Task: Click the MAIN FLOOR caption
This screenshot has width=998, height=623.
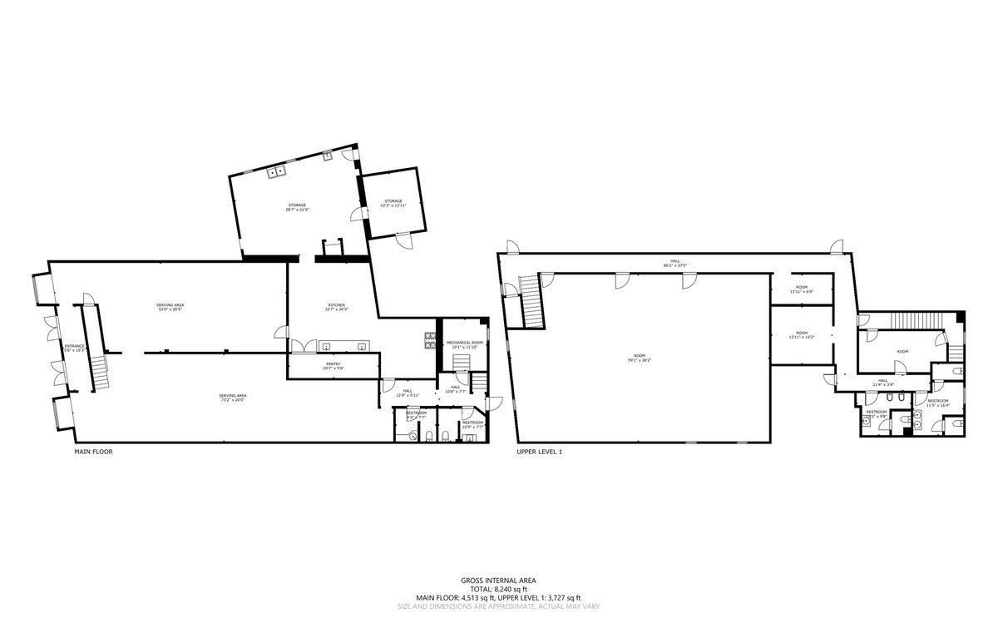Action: pos(93,452)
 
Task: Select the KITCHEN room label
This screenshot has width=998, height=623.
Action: pos(336,307)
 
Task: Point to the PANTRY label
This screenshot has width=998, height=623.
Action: pos(333,365)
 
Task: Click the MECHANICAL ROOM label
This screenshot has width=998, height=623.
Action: pos(464,344)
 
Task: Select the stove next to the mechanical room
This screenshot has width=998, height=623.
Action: pos(431,340)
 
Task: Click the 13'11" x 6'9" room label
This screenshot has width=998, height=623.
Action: pos(801,289)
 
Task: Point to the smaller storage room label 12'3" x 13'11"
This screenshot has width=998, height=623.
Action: pos(393,203)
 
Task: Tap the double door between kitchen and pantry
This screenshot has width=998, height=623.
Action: pos(304,346)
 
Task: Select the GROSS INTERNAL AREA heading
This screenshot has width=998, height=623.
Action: pos(499,580)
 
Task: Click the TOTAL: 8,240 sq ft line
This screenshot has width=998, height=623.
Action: pos(499,589)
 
